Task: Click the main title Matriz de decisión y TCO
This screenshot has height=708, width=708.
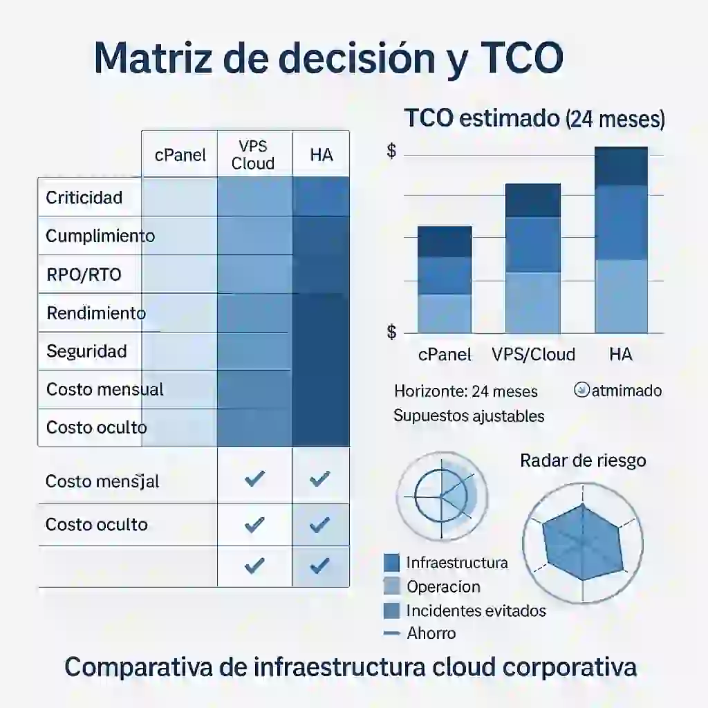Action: tap(328, 59)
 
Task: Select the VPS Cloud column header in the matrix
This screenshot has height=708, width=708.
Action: tap(253, 155)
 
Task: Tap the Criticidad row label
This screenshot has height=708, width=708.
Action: tap(84, 198)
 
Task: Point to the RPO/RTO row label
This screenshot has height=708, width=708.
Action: tap(84, 274)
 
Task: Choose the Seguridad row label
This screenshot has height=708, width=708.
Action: tap(86, 351)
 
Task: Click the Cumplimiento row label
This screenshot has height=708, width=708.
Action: tap(100, 236)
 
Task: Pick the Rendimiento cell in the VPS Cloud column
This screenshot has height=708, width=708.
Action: tap(254, 313)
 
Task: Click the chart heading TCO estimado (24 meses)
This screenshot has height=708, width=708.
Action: tap(534, 119)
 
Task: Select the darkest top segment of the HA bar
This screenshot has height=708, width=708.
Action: tap(621, 166)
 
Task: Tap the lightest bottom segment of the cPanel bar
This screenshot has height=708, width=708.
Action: tap(445, 313)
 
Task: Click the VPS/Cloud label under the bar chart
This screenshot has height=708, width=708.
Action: tap(533, 355)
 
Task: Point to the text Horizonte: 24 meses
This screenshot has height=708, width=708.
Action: tap(465, 391)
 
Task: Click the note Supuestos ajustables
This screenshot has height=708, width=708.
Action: tap(468, 416)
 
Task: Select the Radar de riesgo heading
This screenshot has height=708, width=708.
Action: tap(583, 460)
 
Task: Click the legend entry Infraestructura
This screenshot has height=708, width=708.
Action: tap(456, 563)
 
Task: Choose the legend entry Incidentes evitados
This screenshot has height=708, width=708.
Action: tap(476, 611)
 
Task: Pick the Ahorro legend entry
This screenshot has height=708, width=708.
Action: tap(431, 633)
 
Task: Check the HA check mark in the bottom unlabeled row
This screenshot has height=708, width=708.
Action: tap(319, 566)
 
